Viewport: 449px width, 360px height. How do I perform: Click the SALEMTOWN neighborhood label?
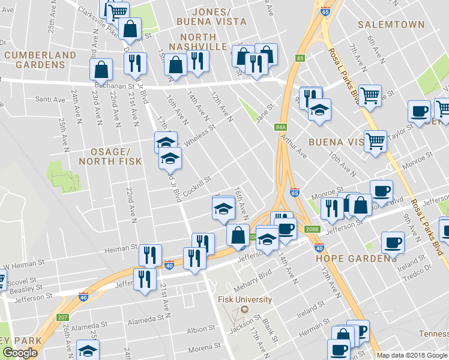(391, 25)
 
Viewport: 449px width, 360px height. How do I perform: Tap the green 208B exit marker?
(312, 229)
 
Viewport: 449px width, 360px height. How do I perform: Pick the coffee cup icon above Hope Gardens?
(393, 242)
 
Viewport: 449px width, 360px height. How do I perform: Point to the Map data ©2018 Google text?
(411, 355)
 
